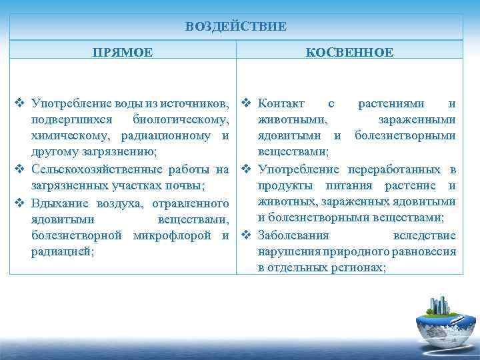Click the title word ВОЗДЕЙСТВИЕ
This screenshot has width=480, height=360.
[236, 27]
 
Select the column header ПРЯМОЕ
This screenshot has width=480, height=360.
[123, 51]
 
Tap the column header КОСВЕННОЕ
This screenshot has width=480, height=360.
[349, 51]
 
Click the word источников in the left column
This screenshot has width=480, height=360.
[199, 104]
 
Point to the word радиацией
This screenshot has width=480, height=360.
[62, 251]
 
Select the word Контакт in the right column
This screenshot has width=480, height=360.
[281, 104]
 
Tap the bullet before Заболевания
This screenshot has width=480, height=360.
[246, 235]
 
